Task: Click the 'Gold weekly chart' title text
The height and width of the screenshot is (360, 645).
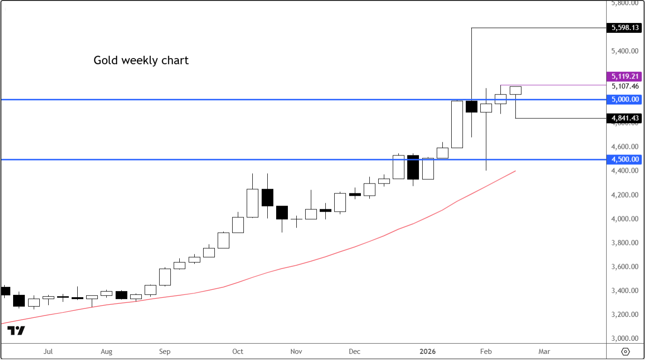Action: [x=141, y=60]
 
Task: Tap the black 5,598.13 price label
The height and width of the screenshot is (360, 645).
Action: [x=625, y=28]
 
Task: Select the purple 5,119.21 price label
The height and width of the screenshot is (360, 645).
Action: [x=625, y=76]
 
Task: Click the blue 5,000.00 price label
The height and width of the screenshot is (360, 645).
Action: [x=625, y=99]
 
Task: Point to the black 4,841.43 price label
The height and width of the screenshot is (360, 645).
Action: [x=625, y=118]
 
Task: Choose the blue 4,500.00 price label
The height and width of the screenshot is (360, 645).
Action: [x=625, y=160]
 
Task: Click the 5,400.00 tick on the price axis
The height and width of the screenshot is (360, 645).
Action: [x=625, y=51]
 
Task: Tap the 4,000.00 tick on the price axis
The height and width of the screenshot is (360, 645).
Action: [x=625, y=219]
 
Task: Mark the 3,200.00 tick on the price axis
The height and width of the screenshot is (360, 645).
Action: [x=625, y=315]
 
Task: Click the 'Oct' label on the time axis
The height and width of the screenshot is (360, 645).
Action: [x=238, y=352]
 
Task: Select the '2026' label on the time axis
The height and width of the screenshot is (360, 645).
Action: [x=427, y=352]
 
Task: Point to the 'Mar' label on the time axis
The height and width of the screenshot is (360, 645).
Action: [x=544, y=352]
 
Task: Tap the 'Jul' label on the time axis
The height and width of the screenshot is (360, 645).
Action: [x=48, y=352]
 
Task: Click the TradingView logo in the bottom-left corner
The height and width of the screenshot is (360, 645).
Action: [x=16, y=331]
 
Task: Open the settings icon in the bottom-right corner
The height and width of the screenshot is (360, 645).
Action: [x=626, y=352]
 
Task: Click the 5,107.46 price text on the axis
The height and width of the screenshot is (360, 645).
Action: [x=625, y=86]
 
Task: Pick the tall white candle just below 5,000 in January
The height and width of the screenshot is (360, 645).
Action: [x=457, y=124]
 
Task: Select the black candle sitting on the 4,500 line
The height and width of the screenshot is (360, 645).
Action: [x=413, y=167]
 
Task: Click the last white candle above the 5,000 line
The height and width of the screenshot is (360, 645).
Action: [x=515, y=90]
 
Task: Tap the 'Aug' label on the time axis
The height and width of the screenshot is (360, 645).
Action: [x=106, y=352]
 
